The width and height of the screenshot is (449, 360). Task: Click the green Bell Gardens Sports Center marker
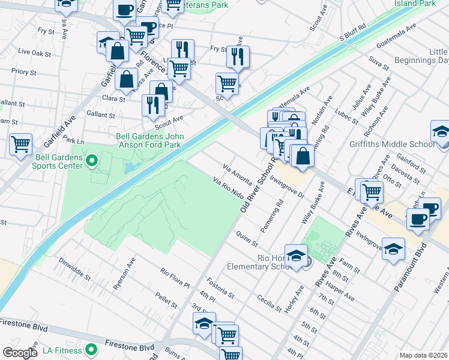click(x=92, y=161)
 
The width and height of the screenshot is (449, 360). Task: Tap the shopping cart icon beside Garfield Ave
click(x=21, y=144)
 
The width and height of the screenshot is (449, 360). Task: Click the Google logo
click(x=20, y=353)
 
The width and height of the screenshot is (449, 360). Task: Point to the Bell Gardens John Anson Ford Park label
click(x=150, y=141)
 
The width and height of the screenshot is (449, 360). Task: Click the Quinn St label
click(x=247, y=239)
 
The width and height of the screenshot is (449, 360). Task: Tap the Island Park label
click(x=415, y=4)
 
